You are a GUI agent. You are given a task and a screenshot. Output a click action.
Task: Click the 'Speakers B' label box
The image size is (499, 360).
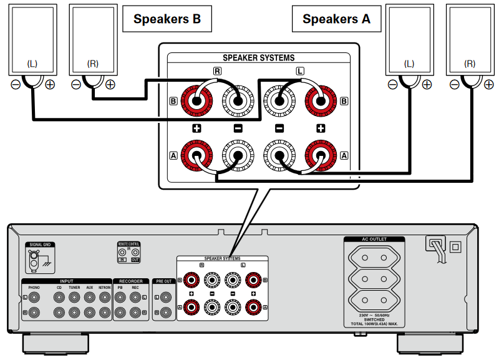click(x=167, y=19)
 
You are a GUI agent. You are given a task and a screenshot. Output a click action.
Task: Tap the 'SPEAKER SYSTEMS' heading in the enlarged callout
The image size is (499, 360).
click(x=258, y=58)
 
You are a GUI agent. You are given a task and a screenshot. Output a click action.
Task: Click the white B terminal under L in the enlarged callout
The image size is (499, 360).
click(x=279, y=99)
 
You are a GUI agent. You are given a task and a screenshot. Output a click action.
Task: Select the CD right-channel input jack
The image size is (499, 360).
click(x=59, y=311)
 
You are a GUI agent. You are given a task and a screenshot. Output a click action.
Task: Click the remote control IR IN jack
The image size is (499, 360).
click(x=123, y=253)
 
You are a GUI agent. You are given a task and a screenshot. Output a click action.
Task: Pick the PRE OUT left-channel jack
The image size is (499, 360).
click(x=165, y=297)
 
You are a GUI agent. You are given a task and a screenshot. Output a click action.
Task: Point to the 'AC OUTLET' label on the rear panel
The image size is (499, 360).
click(x=374, y=239)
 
